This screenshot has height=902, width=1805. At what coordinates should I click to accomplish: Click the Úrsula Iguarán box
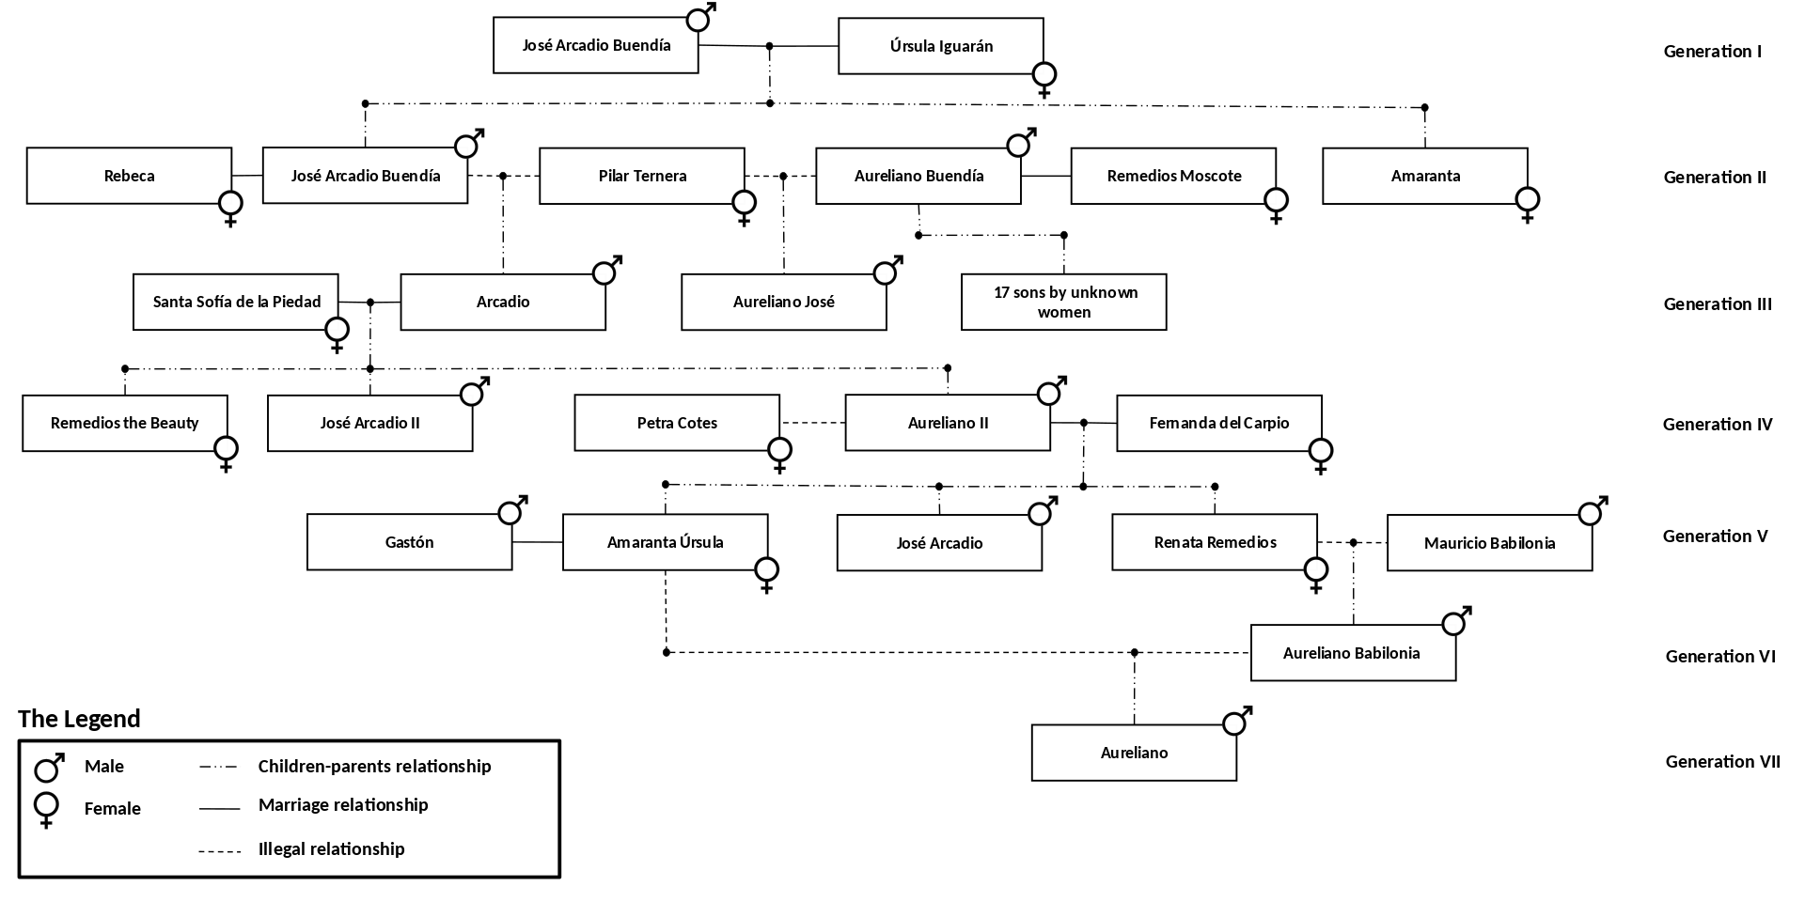941,46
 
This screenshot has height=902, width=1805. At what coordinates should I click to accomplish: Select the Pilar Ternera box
642,176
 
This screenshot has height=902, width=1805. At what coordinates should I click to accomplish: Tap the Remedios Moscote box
1174,176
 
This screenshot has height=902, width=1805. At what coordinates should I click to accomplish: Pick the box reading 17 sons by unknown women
1064,303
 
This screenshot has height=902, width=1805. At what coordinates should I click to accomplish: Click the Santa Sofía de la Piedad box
236,302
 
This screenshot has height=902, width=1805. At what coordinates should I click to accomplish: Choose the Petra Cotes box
677,423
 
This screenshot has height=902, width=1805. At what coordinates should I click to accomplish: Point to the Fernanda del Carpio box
1219,423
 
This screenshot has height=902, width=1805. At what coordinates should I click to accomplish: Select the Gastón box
410,542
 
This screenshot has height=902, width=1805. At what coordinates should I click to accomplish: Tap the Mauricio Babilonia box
1490,543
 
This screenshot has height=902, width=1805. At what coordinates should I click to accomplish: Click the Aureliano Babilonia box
1353,653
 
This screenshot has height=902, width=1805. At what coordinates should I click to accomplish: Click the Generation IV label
1718,425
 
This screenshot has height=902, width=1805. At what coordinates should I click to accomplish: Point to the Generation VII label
1723,762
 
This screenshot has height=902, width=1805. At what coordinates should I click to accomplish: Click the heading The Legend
79,719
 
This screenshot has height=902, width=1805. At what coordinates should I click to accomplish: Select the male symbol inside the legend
48,768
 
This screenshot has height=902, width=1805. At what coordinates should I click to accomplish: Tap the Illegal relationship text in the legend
332,849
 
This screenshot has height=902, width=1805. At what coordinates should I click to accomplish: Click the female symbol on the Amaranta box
1528,204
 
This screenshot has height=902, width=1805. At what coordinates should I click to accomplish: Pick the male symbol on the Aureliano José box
887,271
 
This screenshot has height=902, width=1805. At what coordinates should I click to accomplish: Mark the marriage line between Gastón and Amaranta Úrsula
538,542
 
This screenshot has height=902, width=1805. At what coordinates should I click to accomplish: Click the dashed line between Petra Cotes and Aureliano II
812,423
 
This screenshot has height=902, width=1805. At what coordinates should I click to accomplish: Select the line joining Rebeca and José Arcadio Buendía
247,176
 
